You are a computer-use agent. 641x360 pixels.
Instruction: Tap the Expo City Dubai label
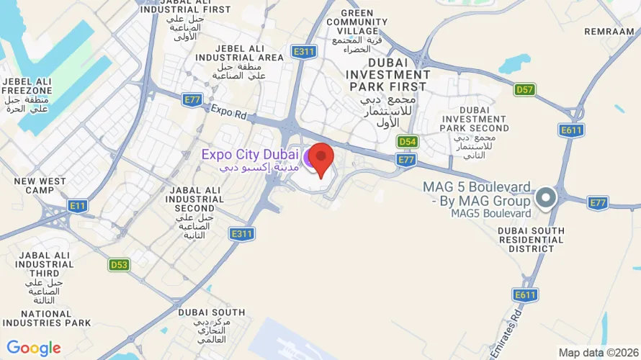pos(249,154)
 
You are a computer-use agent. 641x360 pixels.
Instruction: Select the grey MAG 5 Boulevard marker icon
pos(546,197)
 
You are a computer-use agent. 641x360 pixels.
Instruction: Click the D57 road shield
pos(524,90)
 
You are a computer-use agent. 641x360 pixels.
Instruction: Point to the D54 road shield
pos(408,142)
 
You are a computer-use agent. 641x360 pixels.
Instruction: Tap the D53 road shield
pos(119,265)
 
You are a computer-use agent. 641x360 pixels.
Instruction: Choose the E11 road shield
pos(77,206)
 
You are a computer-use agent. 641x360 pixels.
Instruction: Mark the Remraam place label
pos(609,32)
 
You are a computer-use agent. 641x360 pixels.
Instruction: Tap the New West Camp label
pos(40,185)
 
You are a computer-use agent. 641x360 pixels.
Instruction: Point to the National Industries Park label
pos(46,318)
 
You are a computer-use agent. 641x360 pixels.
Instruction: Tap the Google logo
pos(33,348)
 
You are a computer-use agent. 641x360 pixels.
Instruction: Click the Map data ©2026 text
pos(599,352)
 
